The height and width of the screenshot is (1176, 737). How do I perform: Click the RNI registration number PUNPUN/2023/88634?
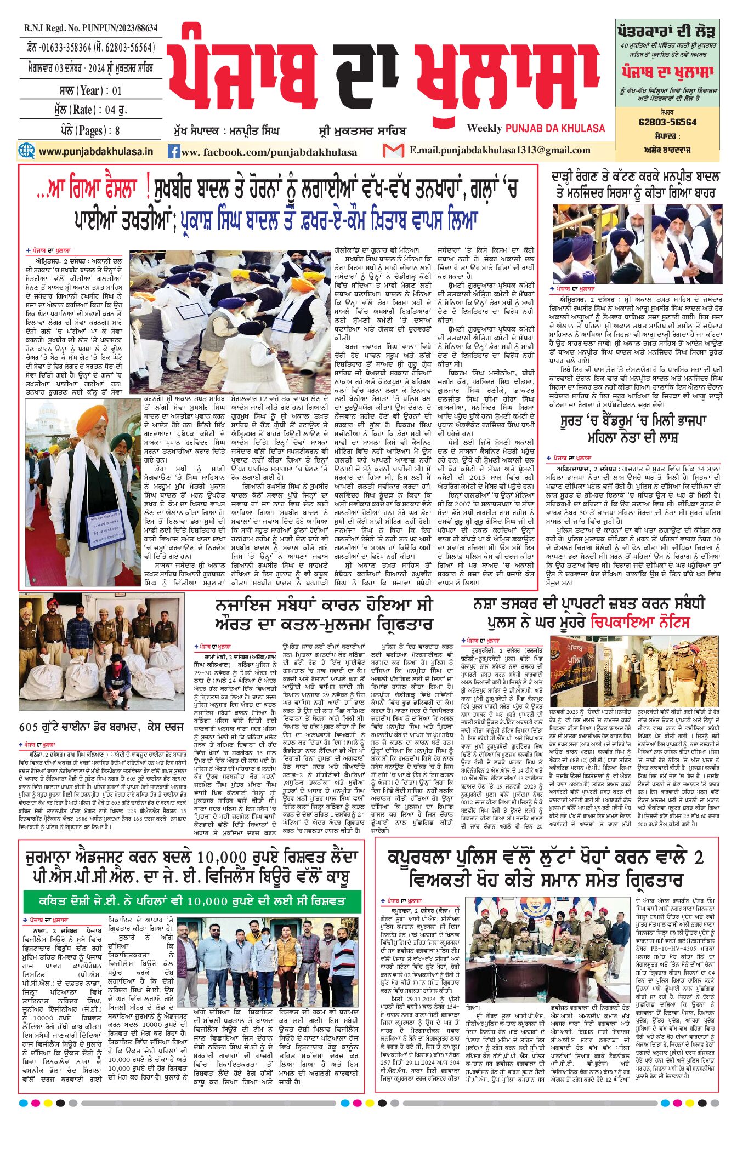point(90,28)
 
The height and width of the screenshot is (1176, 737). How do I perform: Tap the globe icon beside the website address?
point(26,151)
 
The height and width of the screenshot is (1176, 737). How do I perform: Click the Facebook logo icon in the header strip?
point(174,152)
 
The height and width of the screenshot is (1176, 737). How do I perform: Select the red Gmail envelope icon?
point(393,150)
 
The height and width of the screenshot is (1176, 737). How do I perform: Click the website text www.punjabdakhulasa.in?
point(95,151)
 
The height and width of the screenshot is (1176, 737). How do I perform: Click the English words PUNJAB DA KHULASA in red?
point(555,128)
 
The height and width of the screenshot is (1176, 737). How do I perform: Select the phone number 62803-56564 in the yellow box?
point(667,122)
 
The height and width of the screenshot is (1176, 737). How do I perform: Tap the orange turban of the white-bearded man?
point(92,420)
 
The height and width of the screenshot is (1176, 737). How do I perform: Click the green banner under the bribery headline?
point(192,901)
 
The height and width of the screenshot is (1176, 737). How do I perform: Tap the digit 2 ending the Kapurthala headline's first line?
point(698,857)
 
